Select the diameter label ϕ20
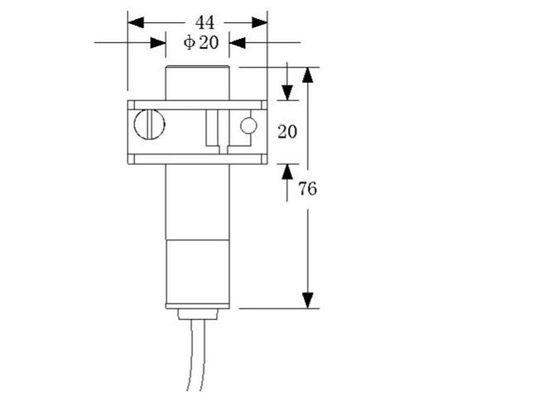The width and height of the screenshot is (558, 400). pyautogui.click(x=200, y=43)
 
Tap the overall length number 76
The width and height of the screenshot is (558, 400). pyautogui.click(x=307, y=189)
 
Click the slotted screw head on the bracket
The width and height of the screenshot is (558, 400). pyautogui.click(x=149, y=124)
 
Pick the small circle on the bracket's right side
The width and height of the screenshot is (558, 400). pyautogui.click(x=249, y=125)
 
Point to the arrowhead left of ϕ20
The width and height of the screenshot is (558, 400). pyautogui.click(x=156, y=43)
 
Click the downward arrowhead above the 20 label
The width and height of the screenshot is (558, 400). pyautogui.click(x=287, y=91)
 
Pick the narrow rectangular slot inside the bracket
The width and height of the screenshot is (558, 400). pyautogui.click(x=212, y=127)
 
